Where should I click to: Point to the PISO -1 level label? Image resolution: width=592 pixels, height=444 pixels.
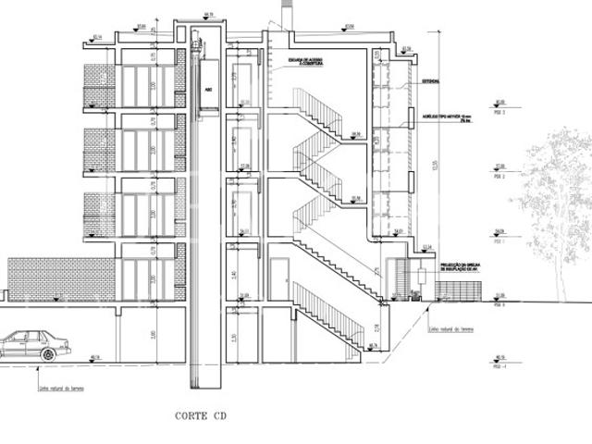click(501, 363)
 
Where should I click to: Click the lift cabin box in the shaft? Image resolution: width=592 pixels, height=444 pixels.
click(208, 91)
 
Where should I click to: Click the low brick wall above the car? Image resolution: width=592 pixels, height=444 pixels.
click(61, 278)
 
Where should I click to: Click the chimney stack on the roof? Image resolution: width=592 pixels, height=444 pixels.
click(283, 16)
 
